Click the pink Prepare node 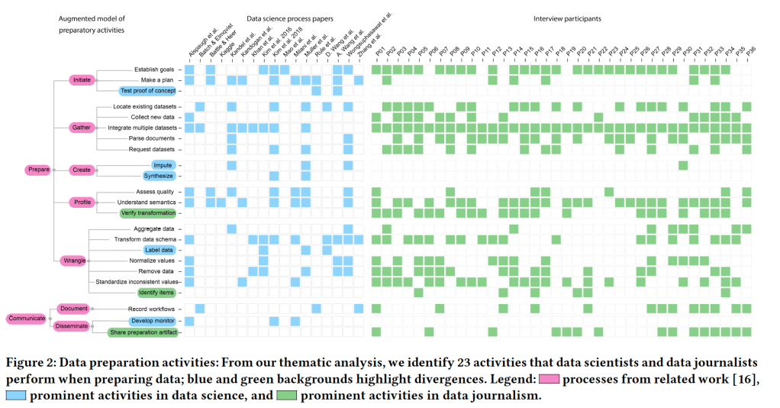[x=37, y=170]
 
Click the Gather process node [x=81, y=127]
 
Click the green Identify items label [x=155, y=292]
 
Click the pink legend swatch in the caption [x=551, y=380]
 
